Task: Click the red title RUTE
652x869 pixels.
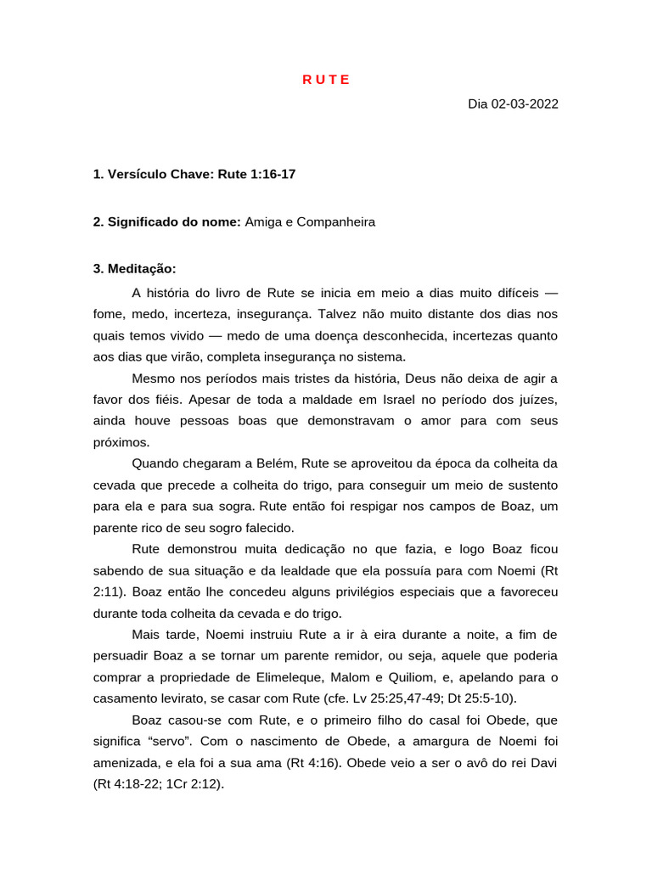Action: tap(326, 80)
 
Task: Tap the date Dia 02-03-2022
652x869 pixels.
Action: tap(513, 104)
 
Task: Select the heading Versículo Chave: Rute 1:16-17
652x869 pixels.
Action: tap(194, 174)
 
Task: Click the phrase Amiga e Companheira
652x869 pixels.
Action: tap(310, 221)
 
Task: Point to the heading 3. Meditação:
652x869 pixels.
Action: tap(134, 268)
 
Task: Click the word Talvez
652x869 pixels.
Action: tap(338, 314)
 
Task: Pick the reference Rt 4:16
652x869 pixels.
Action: tap(311, 762)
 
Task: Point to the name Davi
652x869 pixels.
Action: tap(543, 762)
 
